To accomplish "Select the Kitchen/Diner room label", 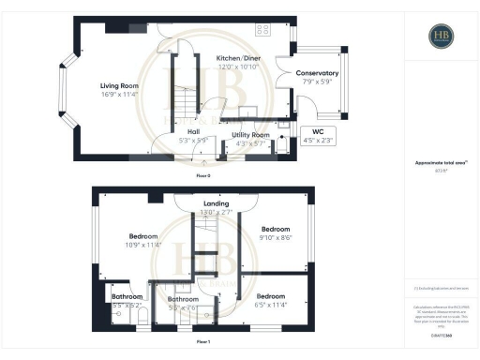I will tap(238, 57).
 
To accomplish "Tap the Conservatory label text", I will tap(317, 72).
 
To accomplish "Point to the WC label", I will tap(316, 132).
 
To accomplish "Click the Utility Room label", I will tap(251, 135).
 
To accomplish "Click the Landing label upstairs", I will tap(217, 202).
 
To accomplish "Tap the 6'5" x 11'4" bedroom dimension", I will tap(271, 304).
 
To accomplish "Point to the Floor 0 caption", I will tap(203, 175).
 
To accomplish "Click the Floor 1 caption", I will tap(203, 343).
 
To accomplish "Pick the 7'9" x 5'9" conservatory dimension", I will tap(317, 81).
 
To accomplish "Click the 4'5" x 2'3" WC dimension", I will tap(316, 141).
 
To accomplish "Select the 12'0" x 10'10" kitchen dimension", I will tap(238, 66).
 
